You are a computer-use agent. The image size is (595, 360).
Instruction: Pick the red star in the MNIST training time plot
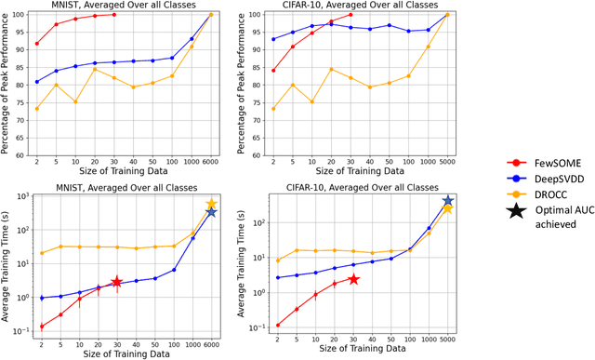pos(116,282)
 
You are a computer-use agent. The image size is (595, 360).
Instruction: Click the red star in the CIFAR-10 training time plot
pos(353,279)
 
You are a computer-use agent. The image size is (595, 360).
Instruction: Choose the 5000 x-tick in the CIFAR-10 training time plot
pos(448,342)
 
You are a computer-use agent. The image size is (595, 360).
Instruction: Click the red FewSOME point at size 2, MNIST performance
pos(37,44)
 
